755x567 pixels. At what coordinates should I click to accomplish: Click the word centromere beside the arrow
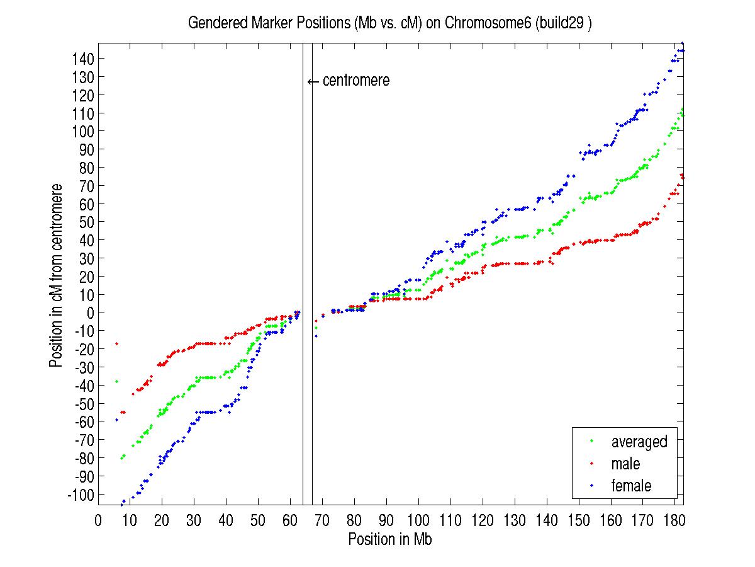pyautogui.click(x=356, y=81)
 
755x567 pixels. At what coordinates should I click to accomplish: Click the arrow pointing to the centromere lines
pyautogui.click(x=313, y=81)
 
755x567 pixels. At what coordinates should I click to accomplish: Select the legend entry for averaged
pyautogui.click(x=639, y=442)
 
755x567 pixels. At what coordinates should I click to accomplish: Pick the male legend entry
pyautogui.click(x=625, y=464)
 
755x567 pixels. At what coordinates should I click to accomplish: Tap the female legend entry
pyautogui.click(x=630, y=486)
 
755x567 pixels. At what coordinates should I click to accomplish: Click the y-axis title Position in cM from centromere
pyautogui.click(x=57, y=276)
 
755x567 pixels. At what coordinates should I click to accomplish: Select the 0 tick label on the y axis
pyautogui.click(x=90, y=312)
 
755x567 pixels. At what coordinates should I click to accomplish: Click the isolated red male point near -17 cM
pyautogui.click(x=116, y=343)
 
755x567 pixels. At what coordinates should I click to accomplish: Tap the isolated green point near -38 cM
pyautogui.click(x=116, y=382)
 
